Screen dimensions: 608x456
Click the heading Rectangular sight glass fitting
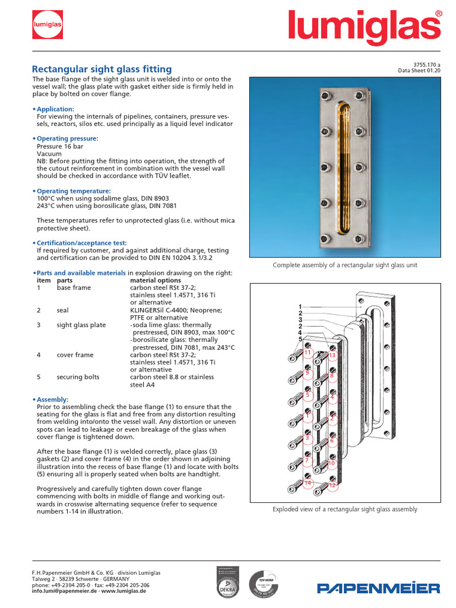click(x=102, y=69)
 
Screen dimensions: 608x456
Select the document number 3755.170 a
click(x=426, y=65)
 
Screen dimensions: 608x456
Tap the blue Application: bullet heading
click(x=55, y=109)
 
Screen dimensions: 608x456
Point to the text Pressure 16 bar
click(x=61, y=145)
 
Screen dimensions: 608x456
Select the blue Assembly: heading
click(x=52, y=400)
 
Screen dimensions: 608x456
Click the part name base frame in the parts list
click(x=74, y=287)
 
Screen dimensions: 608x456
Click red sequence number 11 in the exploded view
click(x=308, y=353)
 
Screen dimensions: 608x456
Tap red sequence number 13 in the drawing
click(x=332, y=356)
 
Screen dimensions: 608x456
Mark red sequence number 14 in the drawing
click(x=308, y=483)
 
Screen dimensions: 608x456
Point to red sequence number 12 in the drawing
click(x=332, y=485)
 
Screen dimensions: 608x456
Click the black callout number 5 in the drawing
click(x=300, y=339)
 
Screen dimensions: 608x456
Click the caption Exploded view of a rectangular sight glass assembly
click(x=344, y=509)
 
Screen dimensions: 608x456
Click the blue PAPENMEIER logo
click(x=378, y=588)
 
